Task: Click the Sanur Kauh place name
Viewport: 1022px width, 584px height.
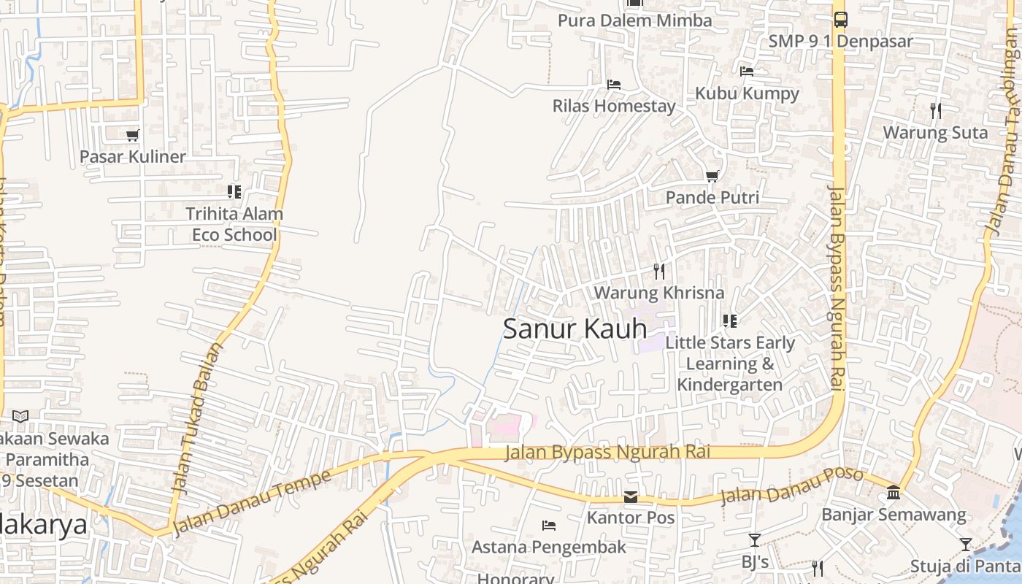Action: [575, 329]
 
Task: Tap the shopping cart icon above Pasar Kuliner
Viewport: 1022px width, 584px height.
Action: [132, 135]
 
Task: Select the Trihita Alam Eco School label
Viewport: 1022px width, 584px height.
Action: [234, 224]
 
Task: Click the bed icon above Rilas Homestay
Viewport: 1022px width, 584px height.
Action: [614, 85]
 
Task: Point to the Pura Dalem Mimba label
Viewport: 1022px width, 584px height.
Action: [634, 20]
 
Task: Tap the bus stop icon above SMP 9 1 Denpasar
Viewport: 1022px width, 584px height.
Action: [840, 20]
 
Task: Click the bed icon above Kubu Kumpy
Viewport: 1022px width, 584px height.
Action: [747, 72]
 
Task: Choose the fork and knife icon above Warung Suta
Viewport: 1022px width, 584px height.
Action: [936, 111]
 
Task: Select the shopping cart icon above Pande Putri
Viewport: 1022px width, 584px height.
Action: [712, 176]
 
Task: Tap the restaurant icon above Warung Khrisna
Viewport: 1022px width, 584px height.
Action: [659, 272]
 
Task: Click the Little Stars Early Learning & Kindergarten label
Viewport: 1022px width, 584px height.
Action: [730, 364]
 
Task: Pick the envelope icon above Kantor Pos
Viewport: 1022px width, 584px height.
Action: [631, 497]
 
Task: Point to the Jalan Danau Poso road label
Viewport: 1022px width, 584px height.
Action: [791, 486]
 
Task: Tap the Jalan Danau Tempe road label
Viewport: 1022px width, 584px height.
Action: [252, 503]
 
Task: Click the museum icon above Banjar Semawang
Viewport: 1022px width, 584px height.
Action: [894, 493]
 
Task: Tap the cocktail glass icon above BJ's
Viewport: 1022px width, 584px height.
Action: [755, 540]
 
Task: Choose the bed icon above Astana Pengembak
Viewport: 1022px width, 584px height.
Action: [549, 526]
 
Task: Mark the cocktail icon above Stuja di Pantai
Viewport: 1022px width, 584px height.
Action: [966, 545]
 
